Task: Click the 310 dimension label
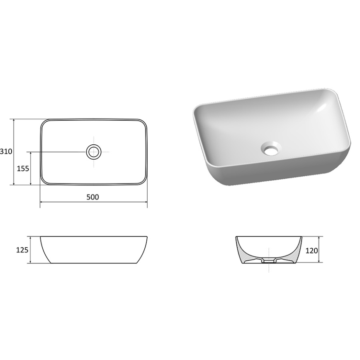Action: (6, 152)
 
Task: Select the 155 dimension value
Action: (23, 168)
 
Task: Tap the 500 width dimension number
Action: (92, 197)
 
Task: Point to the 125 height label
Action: (22, 250)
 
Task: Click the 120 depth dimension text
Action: (311, 250)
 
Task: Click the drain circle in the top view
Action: (94, 152)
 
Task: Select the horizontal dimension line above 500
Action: (94, 202)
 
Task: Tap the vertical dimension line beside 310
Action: (14, 152)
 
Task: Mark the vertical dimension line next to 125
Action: (31, 250)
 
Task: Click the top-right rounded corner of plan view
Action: (143, 124)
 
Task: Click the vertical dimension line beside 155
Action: (31, 168)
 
